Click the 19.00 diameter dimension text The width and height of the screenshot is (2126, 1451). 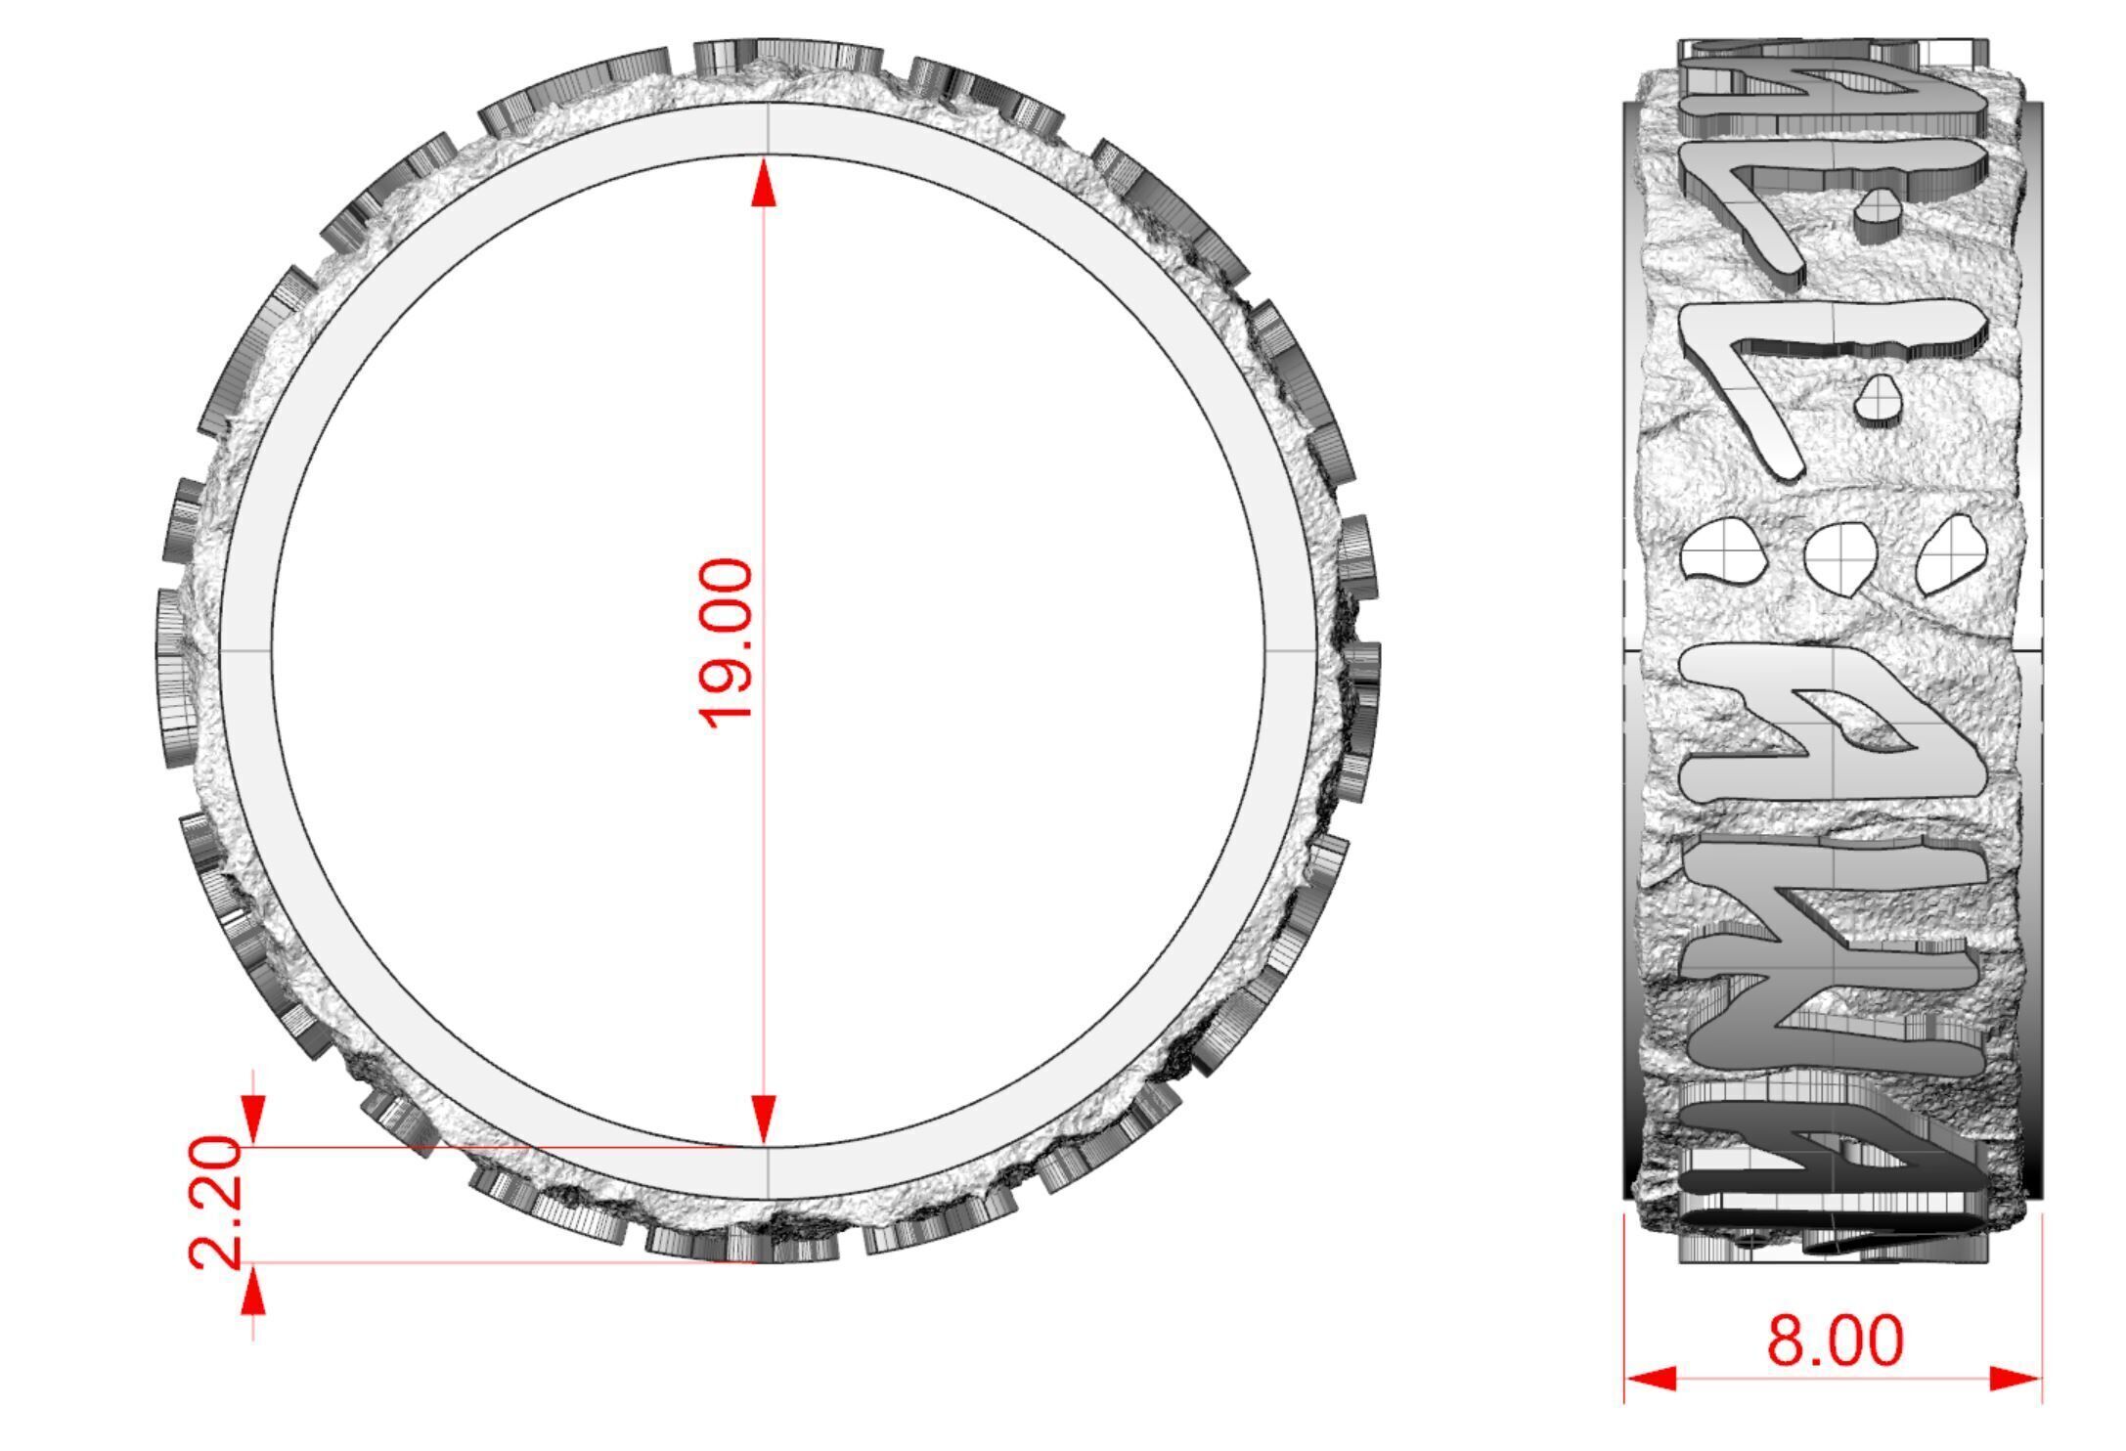[x=727, y=643]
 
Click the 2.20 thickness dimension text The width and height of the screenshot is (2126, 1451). [x=215, y=1203]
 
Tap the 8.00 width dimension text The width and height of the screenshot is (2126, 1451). [x=1835, y=1341]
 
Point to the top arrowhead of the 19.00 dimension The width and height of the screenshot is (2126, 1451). [x=764, y=184]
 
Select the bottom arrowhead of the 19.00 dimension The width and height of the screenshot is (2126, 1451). [x=764, y=1118]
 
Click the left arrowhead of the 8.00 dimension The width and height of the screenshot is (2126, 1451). [x=1651, y=1379]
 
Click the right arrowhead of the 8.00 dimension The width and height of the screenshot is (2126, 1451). [x=2015, y=1379]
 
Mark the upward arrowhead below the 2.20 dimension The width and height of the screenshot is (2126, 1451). [x=253, y=1293]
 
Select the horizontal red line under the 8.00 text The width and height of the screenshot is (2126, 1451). [x=1835, y=1379]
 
